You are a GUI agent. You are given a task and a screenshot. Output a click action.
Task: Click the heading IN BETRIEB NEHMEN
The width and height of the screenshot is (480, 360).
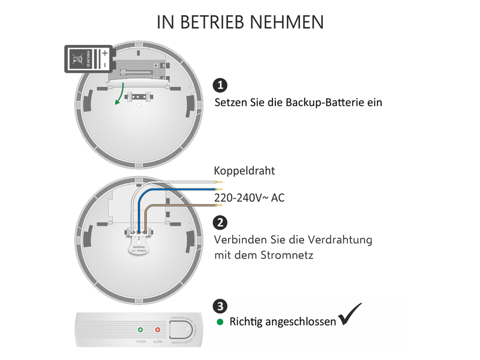[240, 22]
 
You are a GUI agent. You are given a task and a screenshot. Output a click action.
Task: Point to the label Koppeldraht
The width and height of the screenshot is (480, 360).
[244, 171]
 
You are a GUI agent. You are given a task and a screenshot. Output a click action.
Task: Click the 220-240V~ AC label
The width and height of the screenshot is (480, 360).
[249, 197]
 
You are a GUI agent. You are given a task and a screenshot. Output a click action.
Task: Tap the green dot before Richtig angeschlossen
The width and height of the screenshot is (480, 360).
[220, 322]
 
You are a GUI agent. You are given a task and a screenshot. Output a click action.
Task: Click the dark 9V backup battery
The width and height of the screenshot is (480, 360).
[88, 60]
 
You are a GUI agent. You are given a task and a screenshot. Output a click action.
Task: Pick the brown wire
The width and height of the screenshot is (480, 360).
[180, 205]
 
